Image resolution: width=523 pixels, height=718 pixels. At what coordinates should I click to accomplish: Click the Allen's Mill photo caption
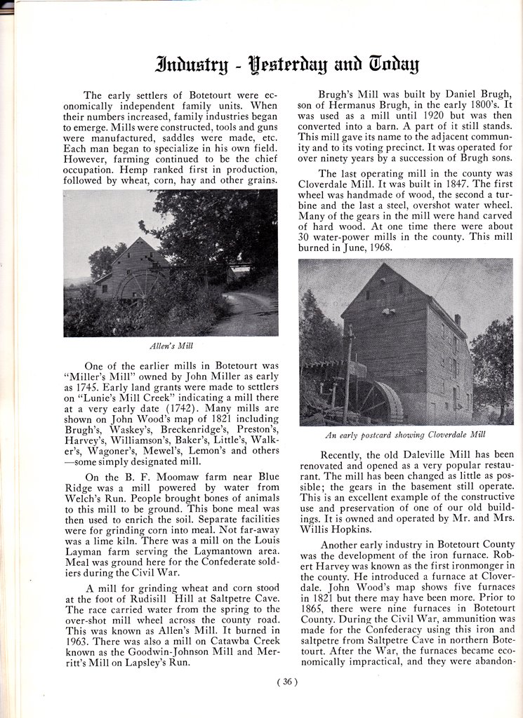tap(171, 346)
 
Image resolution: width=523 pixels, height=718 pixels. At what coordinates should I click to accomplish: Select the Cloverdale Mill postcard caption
tap(405, 435)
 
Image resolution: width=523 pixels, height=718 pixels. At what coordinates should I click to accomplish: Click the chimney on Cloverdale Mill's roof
tap(457, 320)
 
